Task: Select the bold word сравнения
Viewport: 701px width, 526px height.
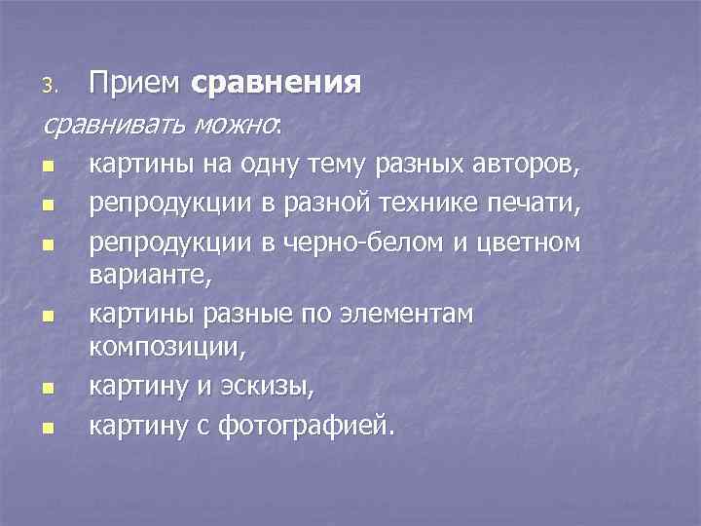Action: pyautogui.click(x=277, y=84)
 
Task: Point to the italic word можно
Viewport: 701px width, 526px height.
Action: pyautogui.click(x=237, y=124)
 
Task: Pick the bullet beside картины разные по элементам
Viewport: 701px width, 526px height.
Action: pyautogui.click(x=49, y=317)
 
